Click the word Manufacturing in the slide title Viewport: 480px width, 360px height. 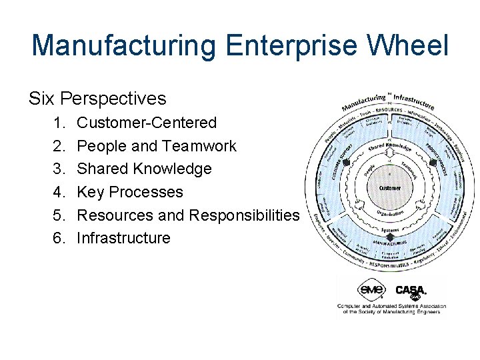124,46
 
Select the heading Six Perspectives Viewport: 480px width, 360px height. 97,99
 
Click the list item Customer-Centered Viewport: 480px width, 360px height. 147,123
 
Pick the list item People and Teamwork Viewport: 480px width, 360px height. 157,146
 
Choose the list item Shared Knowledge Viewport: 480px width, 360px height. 144,169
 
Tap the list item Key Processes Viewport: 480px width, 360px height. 129,192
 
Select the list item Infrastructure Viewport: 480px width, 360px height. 123,238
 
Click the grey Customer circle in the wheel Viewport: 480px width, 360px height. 389,188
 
